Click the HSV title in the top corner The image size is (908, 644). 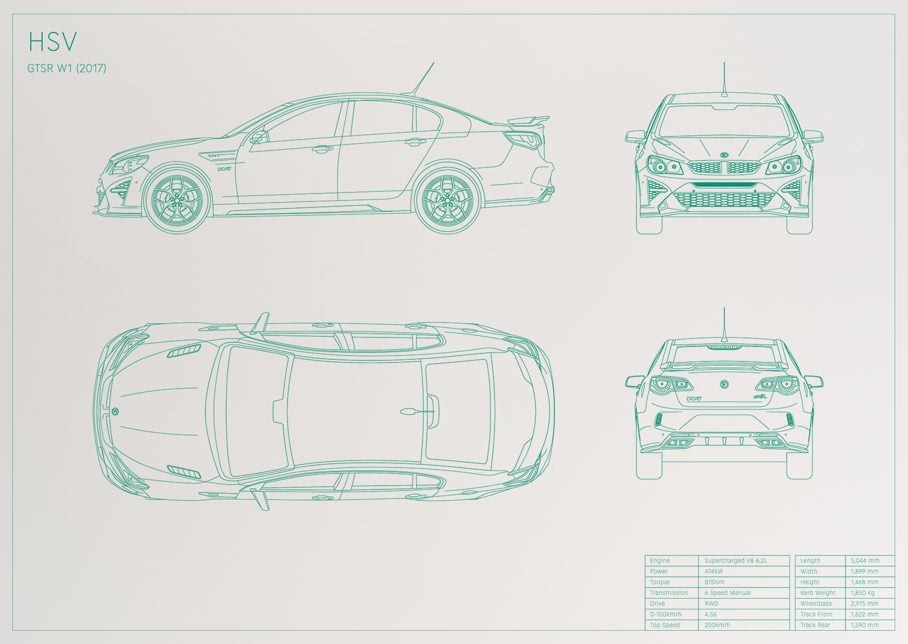[x=52, y=41]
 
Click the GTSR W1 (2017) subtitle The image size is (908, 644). [x=67, y=68]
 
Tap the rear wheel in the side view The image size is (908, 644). [x=448, y=200]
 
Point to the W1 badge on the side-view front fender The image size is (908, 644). [x=224, y=169]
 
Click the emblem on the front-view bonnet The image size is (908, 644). [x=724, y=155]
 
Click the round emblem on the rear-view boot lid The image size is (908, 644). [x=724, y=383]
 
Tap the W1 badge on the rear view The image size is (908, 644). [x=694, y=399]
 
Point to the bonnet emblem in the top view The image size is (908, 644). [x=115, y=412]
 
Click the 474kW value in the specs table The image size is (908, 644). [x=713, y=571]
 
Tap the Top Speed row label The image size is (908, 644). [x=665, y=625]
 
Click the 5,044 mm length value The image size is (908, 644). [x=865, y=560]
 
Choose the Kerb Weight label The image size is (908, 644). [x=818, y=593]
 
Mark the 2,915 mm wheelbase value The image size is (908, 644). [x=865, y=603]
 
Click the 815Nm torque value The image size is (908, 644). [x=714, y=582]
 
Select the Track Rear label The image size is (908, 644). [x=815, y=625]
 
